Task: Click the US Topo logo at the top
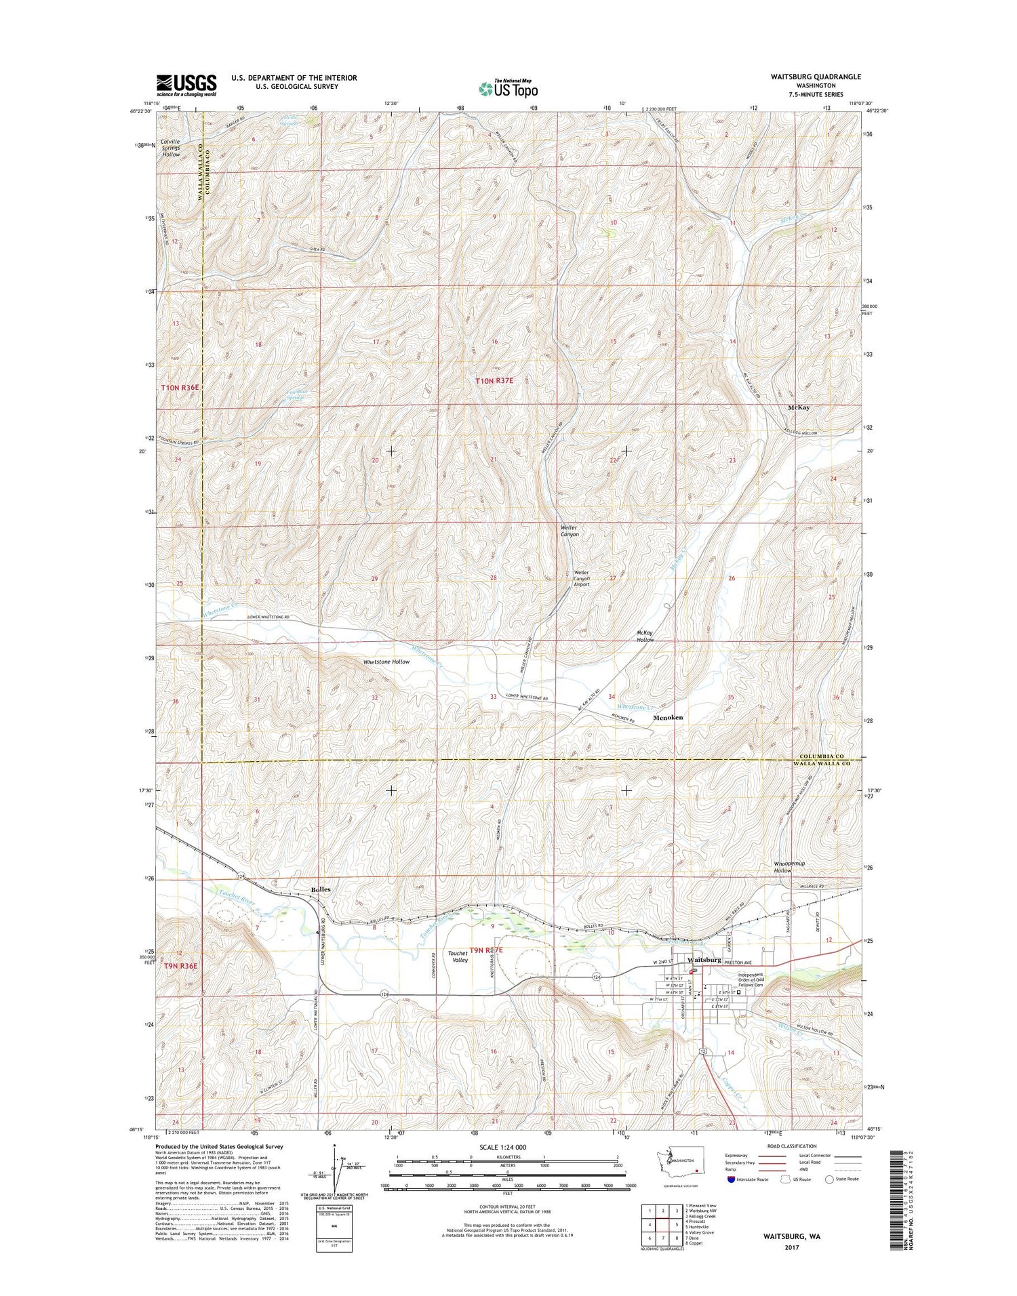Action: point(509,88)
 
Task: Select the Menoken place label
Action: point(667,717)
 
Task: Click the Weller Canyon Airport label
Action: point(582,578)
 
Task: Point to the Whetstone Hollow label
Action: point(386,662)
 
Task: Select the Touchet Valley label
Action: point(458,956)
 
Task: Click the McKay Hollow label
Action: point(645,636)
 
